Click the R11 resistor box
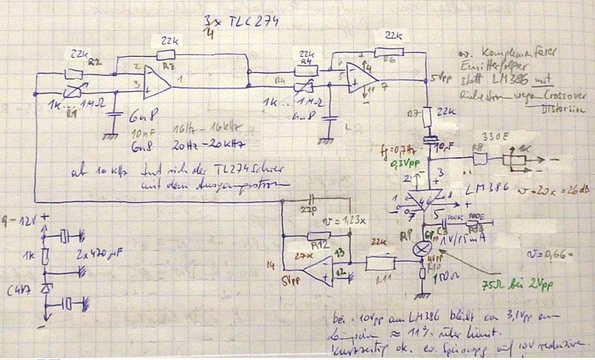[380, 261]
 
